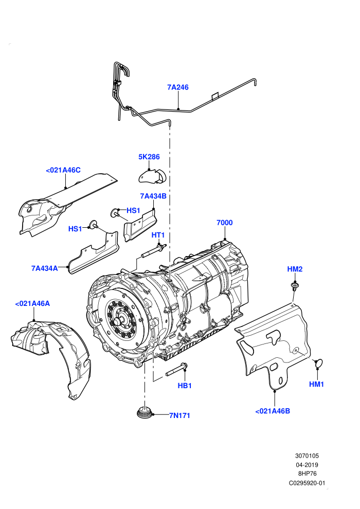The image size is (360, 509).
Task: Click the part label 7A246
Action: (x=178, y=87)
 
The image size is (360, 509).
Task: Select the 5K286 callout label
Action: (x=149, y=157)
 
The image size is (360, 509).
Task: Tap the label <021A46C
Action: (x=63, y=170)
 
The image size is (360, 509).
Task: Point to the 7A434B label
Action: (x=153, y=196)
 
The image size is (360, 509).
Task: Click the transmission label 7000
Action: (x=225, y=222)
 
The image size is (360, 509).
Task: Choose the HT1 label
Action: (x=158, y=234)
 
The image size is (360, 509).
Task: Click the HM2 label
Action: (x=295, y=269)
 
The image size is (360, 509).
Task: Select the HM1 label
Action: (x=316, y=384)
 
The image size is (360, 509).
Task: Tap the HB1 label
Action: (x=185, y=386)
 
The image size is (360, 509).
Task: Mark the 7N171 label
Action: (x=179, y=415)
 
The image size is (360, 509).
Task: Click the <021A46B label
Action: (x=273, y=411)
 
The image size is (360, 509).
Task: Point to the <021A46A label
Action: (x=32, y=303)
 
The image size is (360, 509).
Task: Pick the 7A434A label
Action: (x=44, y=268)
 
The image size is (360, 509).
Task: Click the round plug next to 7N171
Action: (x=144, y=412)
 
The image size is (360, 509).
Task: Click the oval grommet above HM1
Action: (x=319, y=363)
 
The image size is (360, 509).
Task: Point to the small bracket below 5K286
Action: (x=152, y=176)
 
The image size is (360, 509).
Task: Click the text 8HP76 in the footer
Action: (x=307, y=474)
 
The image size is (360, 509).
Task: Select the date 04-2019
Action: (x=307, y=465)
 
